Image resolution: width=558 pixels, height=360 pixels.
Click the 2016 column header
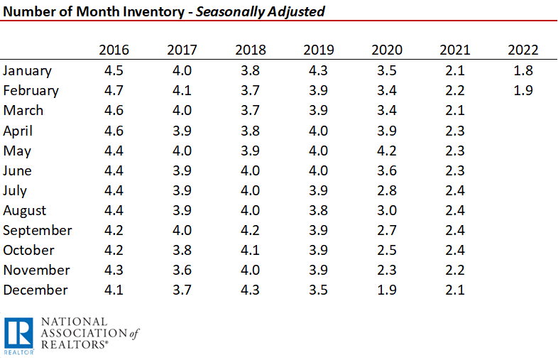pyautogui.click(x=114, y=50)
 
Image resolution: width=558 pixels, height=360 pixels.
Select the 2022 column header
pyautogui.click(x=523, y=50)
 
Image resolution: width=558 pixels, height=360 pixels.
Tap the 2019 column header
pyautogui.click(x=318, y=50)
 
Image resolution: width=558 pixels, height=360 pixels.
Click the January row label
pyautogui.click(x=28, y=71)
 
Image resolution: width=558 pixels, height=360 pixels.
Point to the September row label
pyautogui.click(x=38, y=231)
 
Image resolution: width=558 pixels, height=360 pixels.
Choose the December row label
pyautogui.click(x=35, y=290)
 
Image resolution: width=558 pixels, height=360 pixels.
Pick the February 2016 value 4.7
pyautogui.click(x=114, y=91)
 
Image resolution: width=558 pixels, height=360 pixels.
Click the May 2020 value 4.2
pyautogui.click(x=386, y=151)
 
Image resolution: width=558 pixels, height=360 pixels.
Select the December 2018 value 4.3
pyautogui.click(x=250, y=290)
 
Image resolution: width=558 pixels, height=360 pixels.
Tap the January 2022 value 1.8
pyautogui.click(x=523, y=71)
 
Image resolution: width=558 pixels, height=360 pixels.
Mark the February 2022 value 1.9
pyautogui.click(x=523, y=91)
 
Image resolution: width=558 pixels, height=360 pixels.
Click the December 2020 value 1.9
pyautogui.click(x=386, y=290)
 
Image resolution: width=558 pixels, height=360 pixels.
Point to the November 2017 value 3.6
pyautogui.click(x=182, y=271)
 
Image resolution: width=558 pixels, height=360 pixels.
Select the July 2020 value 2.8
pyautogui.click(x=386, y=191)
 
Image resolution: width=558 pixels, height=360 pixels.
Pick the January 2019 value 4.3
pyautogui.click(x=318, y=71)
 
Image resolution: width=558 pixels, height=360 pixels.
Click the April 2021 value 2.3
pyautogui.click(x=454, y=131)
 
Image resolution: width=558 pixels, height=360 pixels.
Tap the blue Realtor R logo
pyautogui.click(x=18, y=334)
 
